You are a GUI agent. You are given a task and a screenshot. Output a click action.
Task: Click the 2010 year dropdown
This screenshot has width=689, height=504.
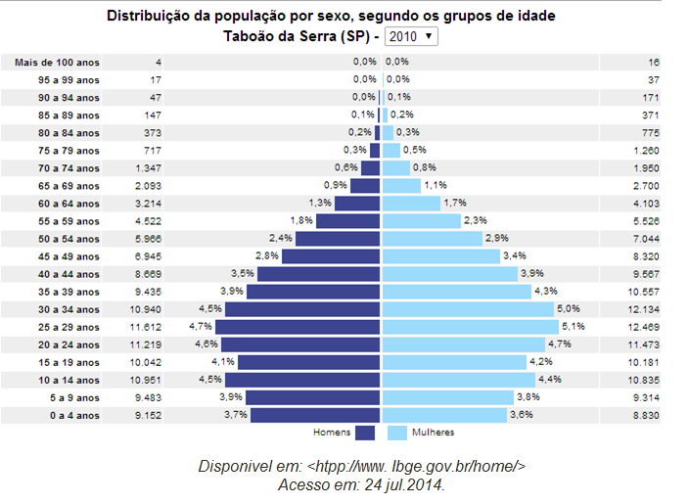(411, 36)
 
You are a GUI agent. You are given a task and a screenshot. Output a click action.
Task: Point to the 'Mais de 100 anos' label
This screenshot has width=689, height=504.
(56, 63)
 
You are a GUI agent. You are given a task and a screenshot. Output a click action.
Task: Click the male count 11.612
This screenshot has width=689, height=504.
(145, 327)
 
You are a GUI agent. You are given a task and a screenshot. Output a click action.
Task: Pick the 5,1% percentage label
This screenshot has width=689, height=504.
(573, 327)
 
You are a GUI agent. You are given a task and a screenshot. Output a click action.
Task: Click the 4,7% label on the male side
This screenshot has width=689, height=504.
(200, 327)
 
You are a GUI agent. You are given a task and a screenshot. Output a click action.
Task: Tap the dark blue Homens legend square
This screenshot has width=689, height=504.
(365, 433)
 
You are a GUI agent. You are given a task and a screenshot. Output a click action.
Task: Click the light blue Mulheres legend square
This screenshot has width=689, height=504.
(396, 433)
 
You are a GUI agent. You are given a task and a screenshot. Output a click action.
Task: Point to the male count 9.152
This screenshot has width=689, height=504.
(148, 415)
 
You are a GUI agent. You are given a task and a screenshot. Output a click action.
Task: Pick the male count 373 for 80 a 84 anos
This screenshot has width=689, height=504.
(152, 133)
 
